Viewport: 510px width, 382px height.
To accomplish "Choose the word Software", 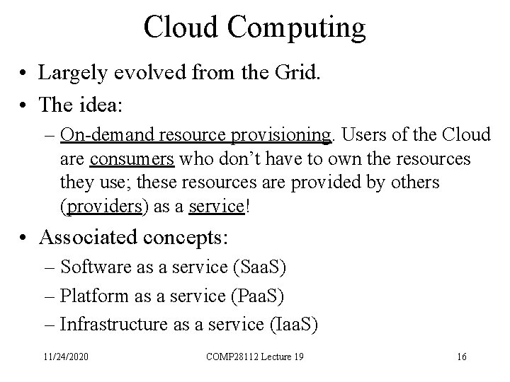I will (89, 267).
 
